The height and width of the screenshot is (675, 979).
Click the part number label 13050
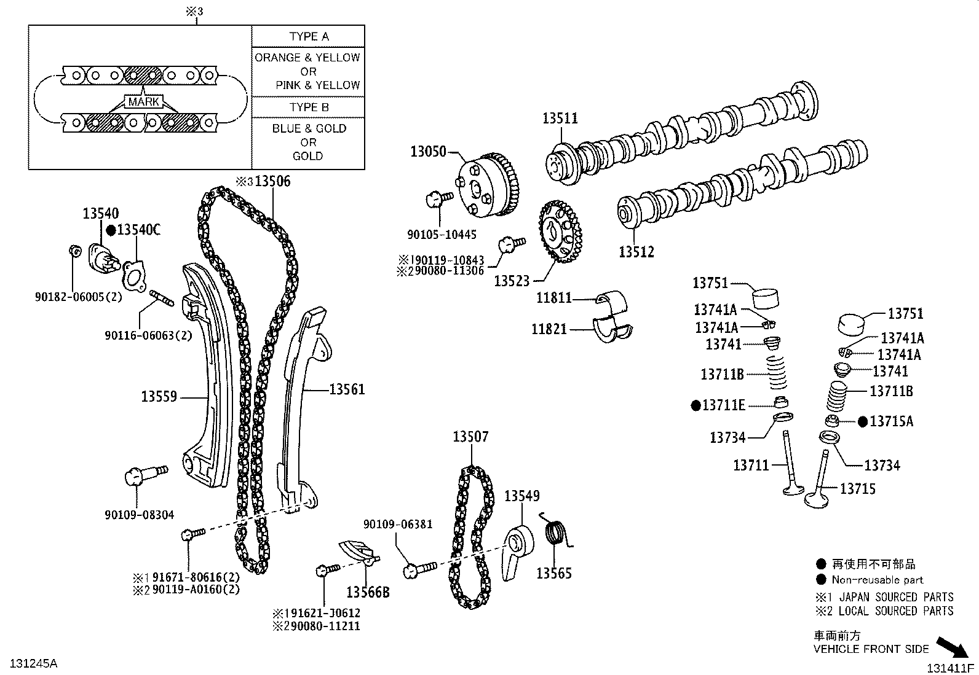pos(429,152)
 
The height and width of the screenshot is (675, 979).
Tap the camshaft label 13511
pos(560,118)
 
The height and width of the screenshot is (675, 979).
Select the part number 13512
pos(636,252)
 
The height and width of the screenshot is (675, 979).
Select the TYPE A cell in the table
pos(309,36)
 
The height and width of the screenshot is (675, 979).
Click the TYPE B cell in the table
pos(309,107)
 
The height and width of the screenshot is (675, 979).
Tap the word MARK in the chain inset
pos(144,102)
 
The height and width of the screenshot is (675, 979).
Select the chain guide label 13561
pos(347,389)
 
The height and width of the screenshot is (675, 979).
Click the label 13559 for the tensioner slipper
pos(159,397)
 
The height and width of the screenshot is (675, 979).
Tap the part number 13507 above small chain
pos(470,437)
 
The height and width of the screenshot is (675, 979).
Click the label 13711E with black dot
pos(723,405)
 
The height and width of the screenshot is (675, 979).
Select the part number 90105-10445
pos(442,235)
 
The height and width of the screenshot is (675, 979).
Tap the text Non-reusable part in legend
pos(877,579)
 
